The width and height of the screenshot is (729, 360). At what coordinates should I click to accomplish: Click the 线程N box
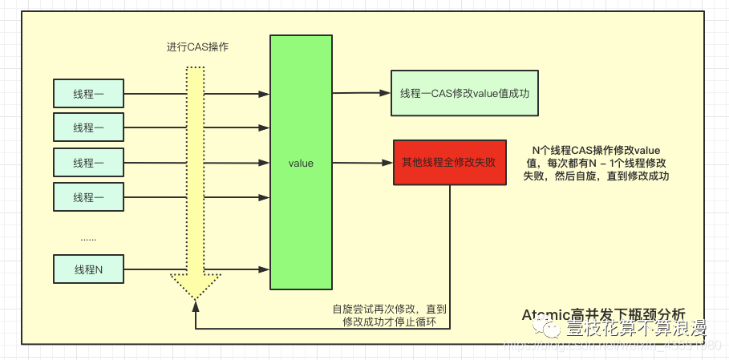tap(88, 269)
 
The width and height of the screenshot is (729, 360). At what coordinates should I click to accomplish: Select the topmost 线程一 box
tap(88, 94)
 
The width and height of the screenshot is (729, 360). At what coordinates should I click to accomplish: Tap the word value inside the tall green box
tap(301, 164)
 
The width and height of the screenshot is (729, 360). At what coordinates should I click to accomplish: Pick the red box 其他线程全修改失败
tap(449, 162)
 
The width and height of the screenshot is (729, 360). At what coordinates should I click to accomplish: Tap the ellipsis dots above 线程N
tap(88, 238)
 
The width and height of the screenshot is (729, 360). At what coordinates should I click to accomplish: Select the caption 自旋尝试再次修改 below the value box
tap(390, 314)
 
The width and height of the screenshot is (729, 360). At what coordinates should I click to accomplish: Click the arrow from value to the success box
tap(361, 92)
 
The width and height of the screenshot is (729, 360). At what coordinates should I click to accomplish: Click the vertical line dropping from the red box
tap(449, 257)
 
